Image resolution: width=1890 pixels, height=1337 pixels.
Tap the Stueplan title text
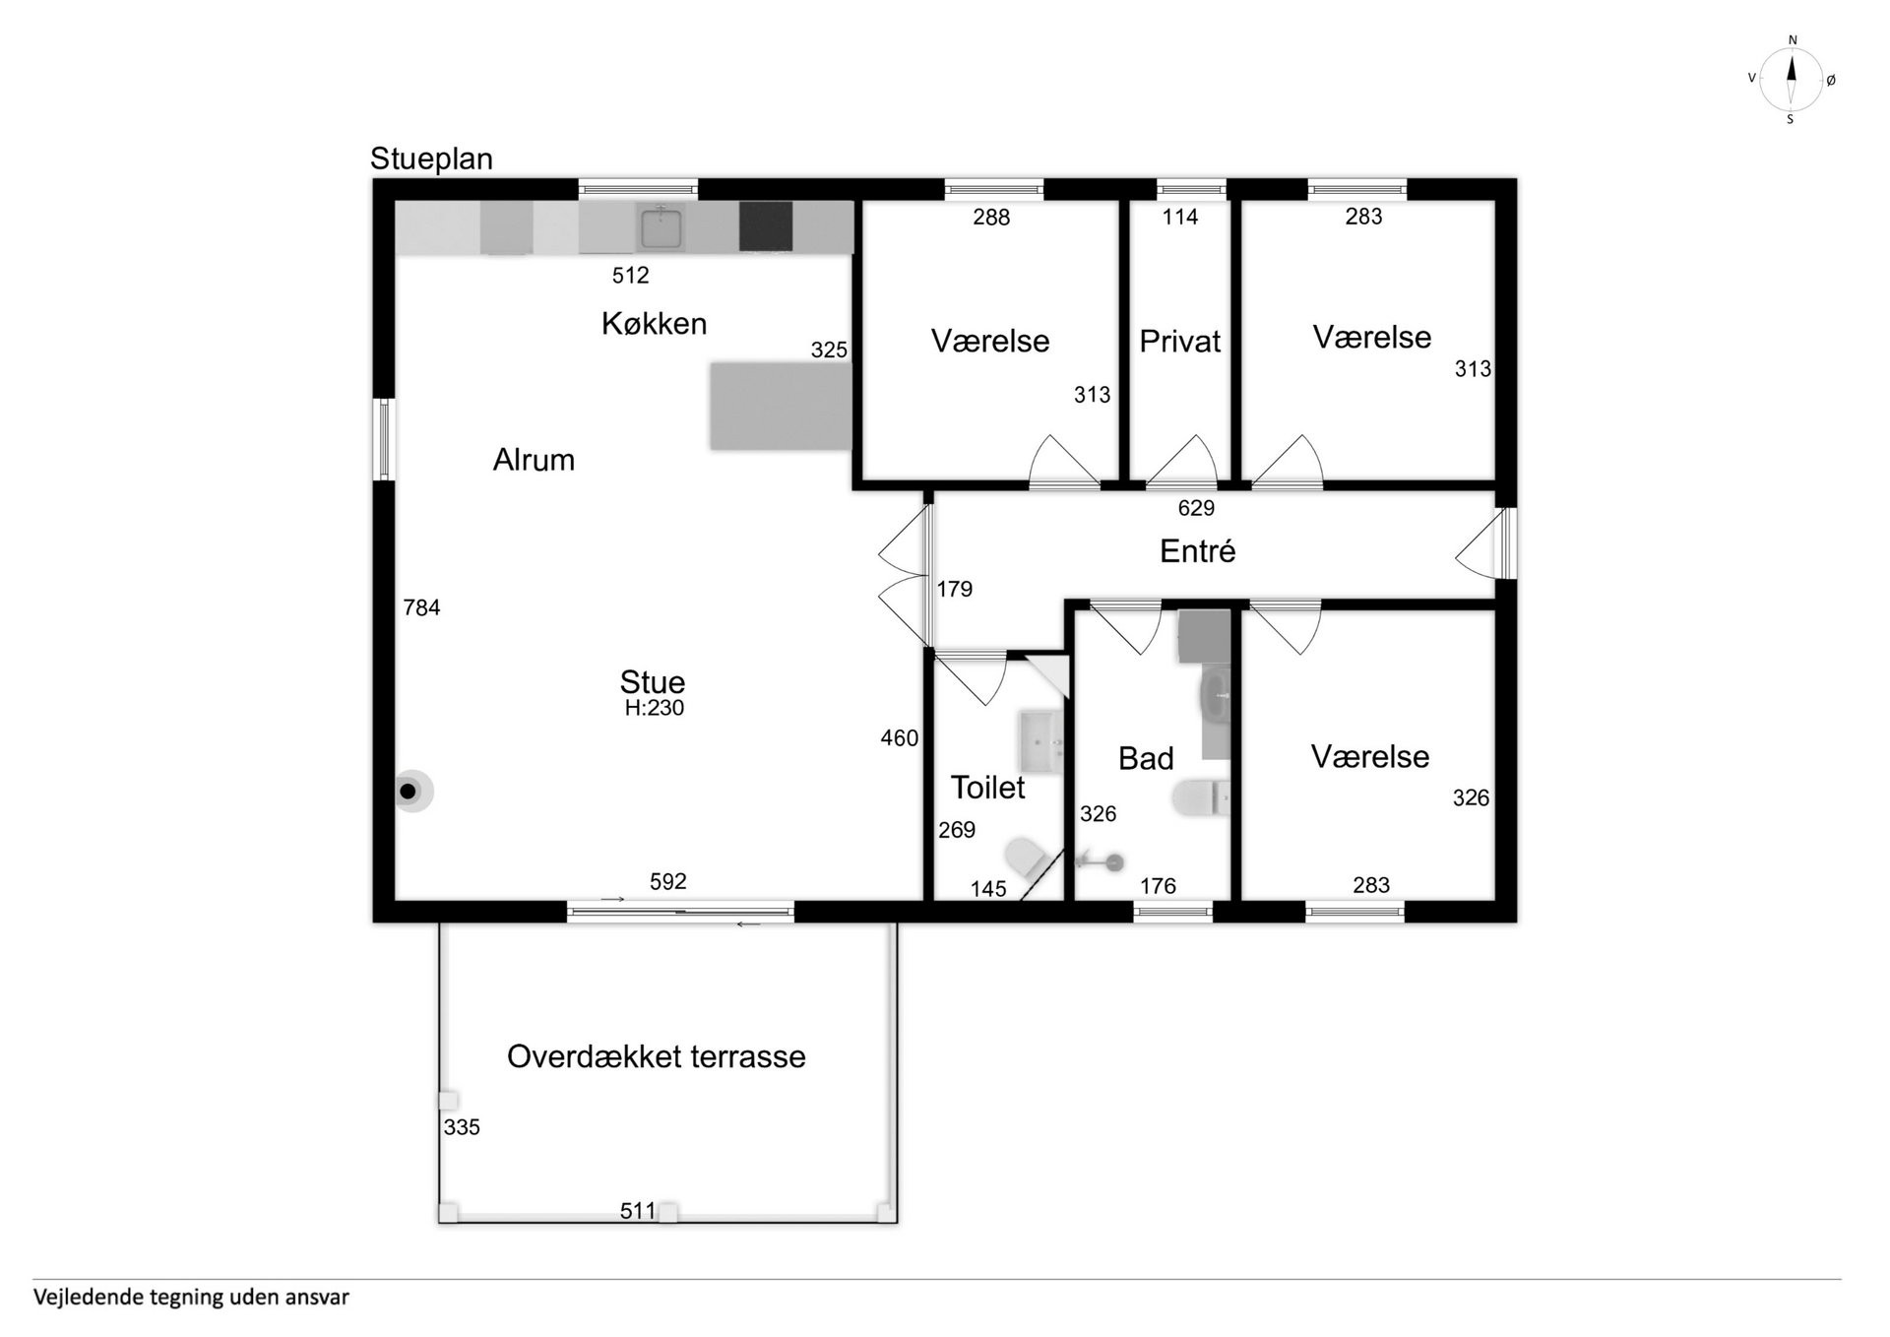point(431,159)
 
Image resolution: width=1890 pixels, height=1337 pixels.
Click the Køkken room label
point(654,324)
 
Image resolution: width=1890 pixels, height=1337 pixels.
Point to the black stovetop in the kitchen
point(766,226)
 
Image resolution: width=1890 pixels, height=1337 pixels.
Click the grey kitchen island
point(781,406)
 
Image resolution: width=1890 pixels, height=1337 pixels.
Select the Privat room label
point(1179,342)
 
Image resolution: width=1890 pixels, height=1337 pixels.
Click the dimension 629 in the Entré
point(1196,508)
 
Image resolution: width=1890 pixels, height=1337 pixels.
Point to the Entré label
point(1197,551)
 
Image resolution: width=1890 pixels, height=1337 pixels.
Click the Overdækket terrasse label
point(656,1056)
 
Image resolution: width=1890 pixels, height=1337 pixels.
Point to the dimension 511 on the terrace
point(638,1210)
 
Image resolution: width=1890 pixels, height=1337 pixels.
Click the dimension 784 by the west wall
point(421,607)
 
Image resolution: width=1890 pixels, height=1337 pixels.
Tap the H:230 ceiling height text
point(654,708)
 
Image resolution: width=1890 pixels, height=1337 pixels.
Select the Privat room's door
point(1181,462)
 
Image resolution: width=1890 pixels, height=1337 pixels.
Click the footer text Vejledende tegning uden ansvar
point(191,1298)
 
